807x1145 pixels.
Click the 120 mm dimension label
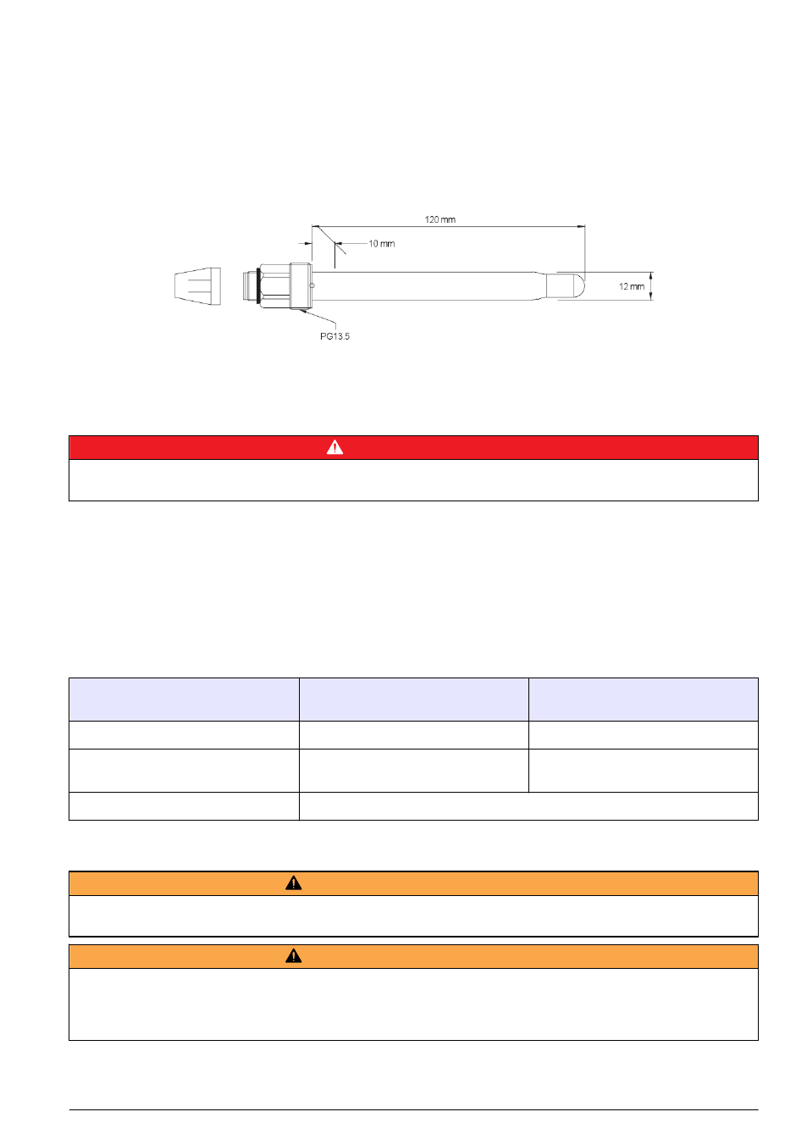coord(439,219)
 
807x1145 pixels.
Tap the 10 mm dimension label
coord(381,243)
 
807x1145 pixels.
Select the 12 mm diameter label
coord(631,286)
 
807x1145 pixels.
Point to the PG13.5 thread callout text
coord(334,336)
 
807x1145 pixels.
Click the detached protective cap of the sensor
coord(197,286)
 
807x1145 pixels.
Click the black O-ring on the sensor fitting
coord(258,285)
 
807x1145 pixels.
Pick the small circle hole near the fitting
coord(312,285)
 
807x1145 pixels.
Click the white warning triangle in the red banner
coord(334,447)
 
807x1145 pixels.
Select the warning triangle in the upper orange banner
coord(293,882)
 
